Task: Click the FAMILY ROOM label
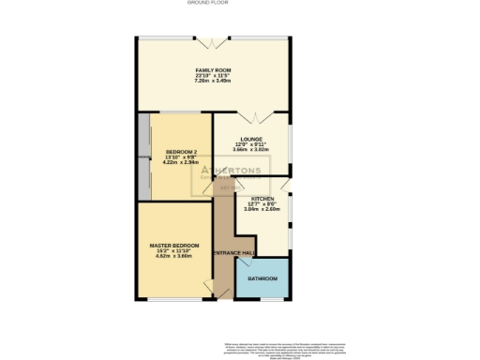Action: (x=213, y=71)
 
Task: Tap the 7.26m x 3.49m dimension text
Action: (x=213, y=82)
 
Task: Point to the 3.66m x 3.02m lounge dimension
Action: (x=249, y=148)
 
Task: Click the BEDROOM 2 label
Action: (x=182, y=152)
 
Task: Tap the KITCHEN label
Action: (x=262, y=199)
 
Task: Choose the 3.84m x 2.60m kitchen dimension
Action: (x=262, y=209)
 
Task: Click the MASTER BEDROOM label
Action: (x=174, y=246)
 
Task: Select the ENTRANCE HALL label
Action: (x=234, y=253)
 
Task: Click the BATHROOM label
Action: (x=262, y=279)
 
